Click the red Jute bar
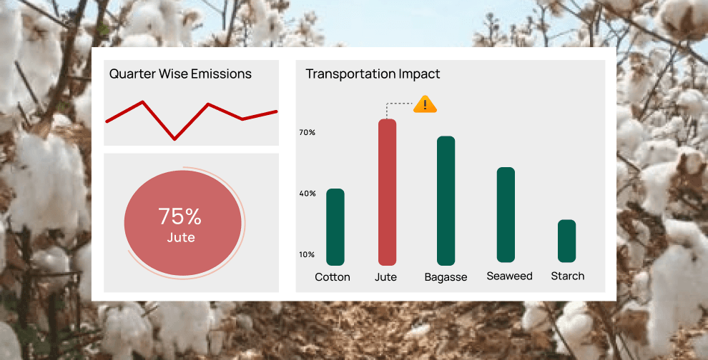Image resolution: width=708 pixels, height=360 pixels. pyautogui.click(x=387, y=192)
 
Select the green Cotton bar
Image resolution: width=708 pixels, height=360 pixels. pyautogui.click(x=335, y=227)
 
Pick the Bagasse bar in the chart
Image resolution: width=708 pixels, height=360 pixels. pyautogui.click(x=446, y=201)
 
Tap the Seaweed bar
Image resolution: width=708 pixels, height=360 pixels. pyautogui.click(x=506, y=215)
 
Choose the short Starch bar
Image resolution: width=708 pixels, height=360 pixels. pyautogui.click(x=566, y=241)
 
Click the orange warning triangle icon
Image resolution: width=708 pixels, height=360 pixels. pyautogui.click(x=425, y=104)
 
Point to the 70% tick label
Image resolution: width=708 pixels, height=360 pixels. pyautogui.click(x=307, y=133)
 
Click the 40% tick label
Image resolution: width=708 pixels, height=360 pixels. pyautogui.click(x=307, y=194)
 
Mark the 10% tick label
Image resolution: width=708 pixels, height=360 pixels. pyautogui.click(x=307, y=254)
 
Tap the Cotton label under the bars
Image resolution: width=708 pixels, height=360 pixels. pyautogui.click(x=333, y=277)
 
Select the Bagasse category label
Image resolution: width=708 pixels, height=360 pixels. pyautogui.click(x=446, y=277)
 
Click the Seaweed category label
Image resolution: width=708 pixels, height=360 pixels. pyautogui.click(x=509, y=276)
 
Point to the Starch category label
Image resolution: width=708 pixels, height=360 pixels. pyautogui.click(x=568, y=276)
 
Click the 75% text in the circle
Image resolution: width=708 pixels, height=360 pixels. pyautogui.click(x=180, y=217)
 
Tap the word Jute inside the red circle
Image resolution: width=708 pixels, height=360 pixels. pyautogui.click(x=181, y=238)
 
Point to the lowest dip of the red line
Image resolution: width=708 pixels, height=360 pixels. pyautogui.click(x=174, y=139)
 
